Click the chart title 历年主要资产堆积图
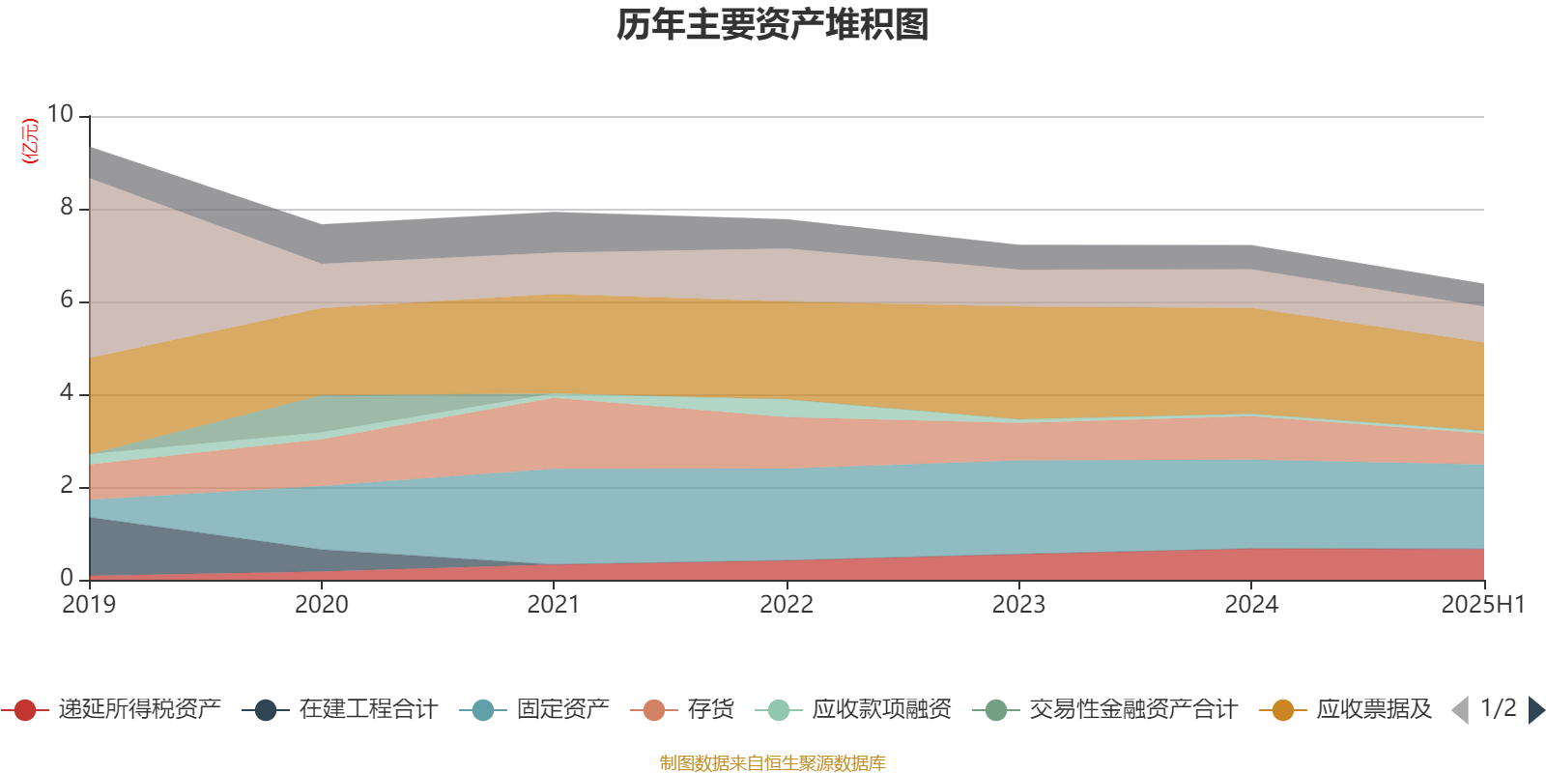(x=773, y=25)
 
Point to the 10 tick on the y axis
(x=60, y=114)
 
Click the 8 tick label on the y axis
(x=67, y=207)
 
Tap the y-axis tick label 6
(x=67, y=300)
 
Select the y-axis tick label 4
(x=67, y=392)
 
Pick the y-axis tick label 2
(x=67, y=485)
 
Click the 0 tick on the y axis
(x=67, y=578)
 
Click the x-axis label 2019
(x=89, y=605)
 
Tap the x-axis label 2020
(x=322, y=605)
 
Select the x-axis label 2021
(x=554, y=605)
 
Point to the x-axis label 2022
(x=787, y=605)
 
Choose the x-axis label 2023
(x=1018, y=605)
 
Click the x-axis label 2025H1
(x=1482, y=605)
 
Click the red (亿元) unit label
(x=31, y=141)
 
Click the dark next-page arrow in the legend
(x=1535, y=710)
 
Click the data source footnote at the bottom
(x=773, y=763)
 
